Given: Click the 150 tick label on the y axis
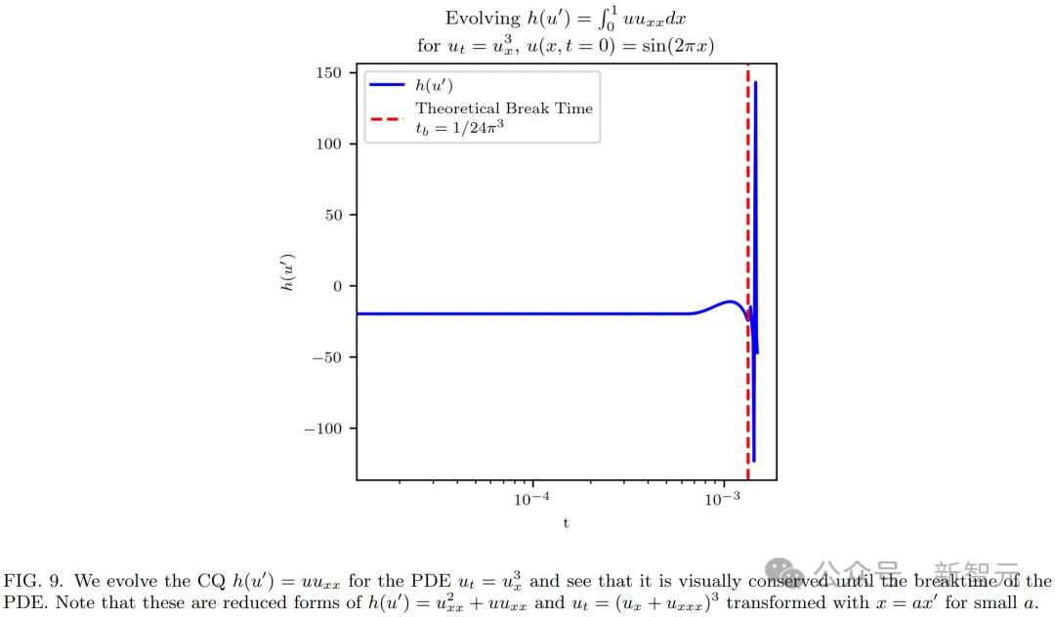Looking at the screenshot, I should [x=329, y=73].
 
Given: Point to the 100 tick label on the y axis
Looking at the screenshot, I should [x=329, y=144].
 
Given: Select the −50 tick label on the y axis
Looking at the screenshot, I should [x=325, y=357].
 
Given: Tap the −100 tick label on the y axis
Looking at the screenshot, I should [x=321, y=429].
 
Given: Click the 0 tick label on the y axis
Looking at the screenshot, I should [x=337, y=286].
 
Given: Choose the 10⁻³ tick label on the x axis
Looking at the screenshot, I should [x=722, y=497].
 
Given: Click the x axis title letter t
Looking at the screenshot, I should [x=566, y=522].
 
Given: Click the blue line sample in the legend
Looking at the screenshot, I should [x=386, y=85].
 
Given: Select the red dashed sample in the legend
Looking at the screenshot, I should [x=386, y=119].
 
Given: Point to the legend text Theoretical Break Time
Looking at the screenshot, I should [x=504, y=108].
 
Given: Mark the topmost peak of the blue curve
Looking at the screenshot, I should [x=755, y=83].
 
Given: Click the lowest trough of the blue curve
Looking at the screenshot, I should [x=753, y=460].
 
